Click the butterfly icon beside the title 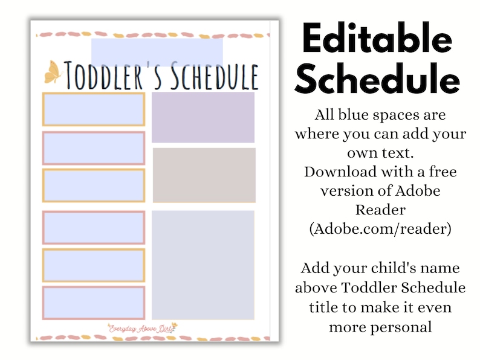pos(52,72)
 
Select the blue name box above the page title pos(157,50)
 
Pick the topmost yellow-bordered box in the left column pos(94,109)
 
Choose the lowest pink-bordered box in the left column pos(94,303)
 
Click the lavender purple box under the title pos(203,117)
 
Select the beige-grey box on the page pos(204,175)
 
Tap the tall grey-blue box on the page pos(203,265)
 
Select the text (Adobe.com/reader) pos(380,230)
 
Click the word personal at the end pos(380,327)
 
